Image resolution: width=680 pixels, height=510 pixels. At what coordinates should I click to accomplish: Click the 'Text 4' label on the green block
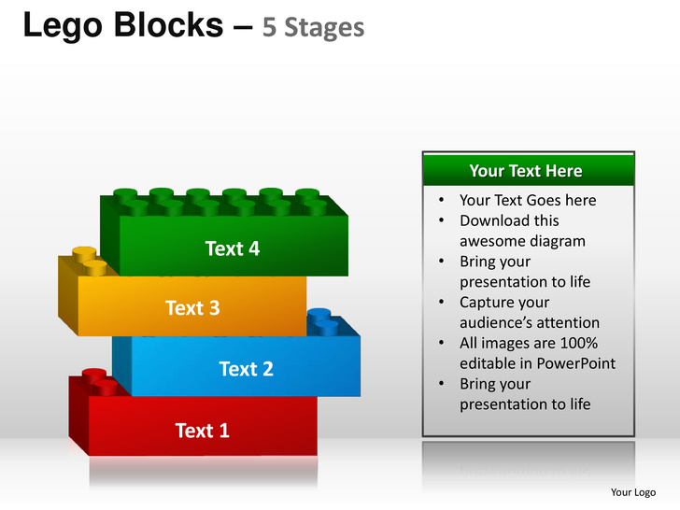(233, 248)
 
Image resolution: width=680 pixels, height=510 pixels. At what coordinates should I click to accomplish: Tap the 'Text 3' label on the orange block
(192, 308)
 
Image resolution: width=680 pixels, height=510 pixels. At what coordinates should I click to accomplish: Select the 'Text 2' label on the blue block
(247, 369)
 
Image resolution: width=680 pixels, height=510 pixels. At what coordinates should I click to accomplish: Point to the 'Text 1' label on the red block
(202, 431)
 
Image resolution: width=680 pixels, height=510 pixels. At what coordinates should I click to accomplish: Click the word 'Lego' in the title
(63, 26)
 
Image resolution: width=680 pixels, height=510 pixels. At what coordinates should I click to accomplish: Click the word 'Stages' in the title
(324, 28)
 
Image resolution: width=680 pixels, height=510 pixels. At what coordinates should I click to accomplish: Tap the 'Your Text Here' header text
(526, 171)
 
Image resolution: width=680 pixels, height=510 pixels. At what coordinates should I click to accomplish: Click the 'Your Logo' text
(633, 492)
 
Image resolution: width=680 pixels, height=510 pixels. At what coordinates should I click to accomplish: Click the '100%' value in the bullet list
(579, 343)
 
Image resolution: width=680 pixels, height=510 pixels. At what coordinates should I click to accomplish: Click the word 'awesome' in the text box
(489, 242)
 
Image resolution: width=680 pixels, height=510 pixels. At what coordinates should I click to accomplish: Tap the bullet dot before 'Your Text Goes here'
(442, 200)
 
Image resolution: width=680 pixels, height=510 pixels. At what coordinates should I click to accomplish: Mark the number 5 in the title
(269, 28)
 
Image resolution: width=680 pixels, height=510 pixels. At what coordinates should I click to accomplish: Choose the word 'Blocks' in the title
(169, 24)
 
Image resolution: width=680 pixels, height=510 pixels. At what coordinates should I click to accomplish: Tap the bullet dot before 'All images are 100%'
(442, 343)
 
